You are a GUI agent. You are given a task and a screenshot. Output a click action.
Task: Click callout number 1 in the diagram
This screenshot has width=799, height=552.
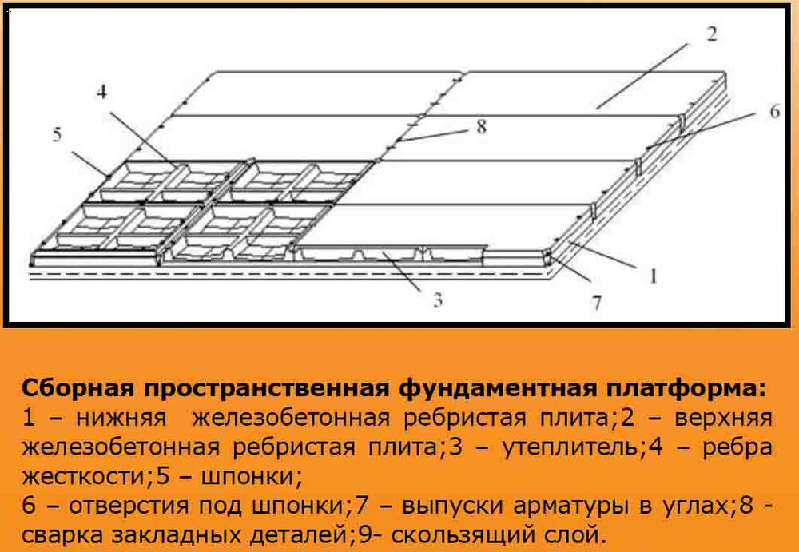tap(653, 278)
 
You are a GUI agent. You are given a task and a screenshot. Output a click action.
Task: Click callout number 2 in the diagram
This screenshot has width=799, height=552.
tap(711, 34)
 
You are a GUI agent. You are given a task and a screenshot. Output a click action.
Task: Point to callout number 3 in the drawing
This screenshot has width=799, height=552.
tap(436, 300)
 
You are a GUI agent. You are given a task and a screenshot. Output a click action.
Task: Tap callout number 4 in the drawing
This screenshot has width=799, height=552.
tap(101, 92)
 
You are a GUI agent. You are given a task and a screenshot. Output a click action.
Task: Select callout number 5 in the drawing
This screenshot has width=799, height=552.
tap(57, 134)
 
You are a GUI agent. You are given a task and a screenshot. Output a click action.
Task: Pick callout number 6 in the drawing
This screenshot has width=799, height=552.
tap(774, 111)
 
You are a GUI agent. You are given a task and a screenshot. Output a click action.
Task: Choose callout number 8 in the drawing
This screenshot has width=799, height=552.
tap(481, 125)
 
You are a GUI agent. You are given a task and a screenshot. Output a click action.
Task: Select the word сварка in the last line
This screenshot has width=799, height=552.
tap(56, 533)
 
